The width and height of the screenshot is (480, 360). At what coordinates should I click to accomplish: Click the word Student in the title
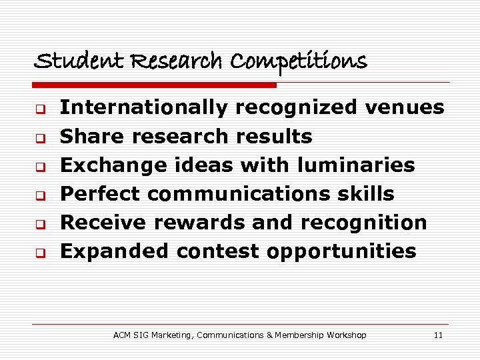[x=67, y=61]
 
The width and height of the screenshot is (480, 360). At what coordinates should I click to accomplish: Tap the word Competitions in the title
[x=299, y=61]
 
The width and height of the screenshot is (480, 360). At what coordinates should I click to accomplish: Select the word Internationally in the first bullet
[x=144, y=107]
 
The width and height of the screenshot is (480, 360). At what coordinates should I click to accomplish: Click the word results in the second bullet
[x=274, y=137]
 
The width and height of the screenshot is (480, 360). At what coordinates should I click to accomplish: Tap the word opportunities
[x=341, y=252]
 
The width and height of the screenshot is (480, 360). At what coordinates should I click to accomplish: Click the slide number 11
[x=438, y=335]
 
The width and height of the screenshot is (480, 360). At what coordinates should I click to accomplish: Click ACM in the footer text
[x=123, y=335]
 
